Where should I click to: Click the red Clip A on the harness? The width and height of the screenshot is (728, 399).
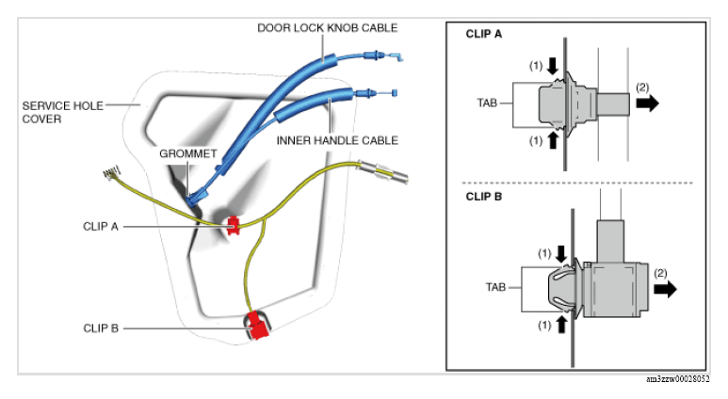[x=233, y=225]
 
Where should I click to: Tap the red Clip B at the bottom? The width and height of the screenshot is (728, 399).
[x=257, y=326]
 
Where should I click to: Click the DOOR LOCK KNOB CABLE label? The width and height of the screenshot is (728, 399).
[x=328, y=28]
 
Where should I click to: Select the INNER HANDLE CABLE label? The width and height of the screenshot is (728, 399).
[x=337, y=140]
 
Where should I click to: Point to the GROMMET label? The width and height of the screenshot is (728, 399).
[x=188, y=153]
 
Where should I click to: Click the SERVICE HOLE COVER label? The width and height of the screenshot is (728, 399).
[x=63, y=112]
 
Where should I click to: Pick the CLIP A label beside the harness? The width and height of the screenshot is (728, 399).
[x=100, y=227]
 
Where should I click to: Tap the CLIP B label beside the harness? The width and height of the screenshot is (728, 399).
[x=101, y=328]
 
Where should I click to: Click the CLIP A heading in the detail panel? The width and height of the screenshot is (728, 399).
[x=484, y=34]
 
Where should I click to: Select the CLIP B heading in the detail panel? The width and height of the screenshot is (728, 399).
[x=484, y=197]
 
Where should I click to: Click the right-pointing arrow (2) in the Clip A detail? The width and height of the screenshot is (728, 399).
[x=648, y=103]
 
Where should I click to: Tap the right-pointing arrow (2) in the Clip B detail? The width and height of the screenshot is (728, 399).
[x=665, y=289]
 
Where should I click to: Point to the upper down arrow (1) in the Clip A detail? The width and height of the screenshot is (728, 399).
[x=553, y=66]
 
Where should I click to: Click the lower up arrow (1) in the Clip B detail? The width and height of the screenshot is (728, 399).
[x=561, y=325]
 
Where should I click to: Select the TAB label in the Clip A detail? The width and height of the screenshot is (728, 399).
[x=487, y=103]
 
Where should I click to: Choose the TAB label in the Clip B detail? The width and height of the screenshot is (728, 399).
[x=495, y=287]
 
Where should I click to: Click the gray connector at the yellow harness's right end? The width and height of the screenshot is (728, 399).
[x=383, y=171]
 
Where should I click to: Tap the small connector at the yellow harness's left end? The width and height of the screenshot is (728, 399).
[x=111, y=173]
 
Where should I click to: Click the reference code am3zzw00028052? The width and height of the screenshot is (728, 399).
[x=678, y=379]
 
